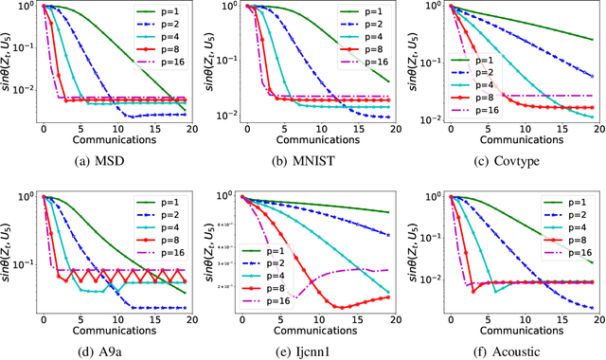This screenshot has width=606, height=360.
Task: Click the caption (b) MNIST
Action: (305, 158)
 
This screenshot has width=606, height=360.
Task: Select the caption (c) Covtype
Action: (507, 158)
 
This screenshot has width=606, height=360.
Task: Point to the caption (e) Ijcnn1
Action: (305, 348)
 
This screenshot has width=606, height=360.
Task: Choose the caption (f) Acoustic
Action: (507, 348)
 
